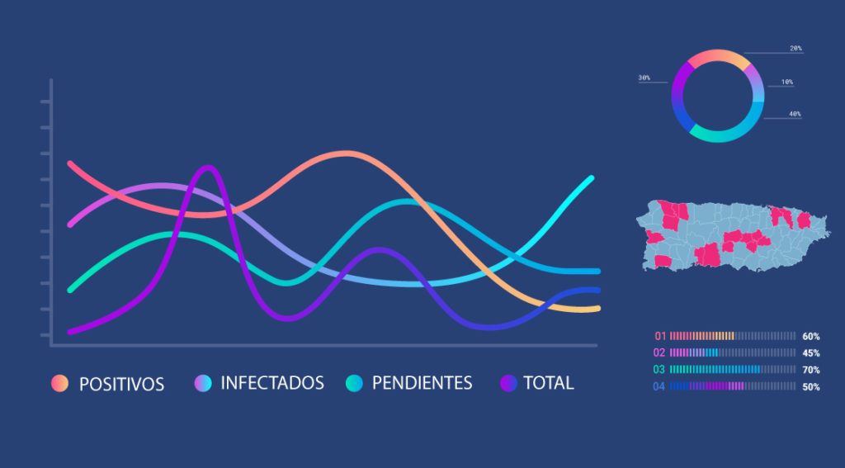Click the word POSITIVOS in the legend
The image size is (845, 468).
click(122, 384)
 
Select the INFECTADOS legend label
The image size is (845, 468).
click(272, 383)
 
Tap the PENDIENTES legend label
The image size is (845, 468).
click(422, 383)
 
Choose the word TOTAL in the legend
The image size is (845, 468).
click(549, 383)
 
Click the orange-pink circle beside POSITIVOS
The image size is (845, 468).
click(59, 383)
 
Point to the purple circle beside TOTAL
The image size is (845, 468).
click(508, 383)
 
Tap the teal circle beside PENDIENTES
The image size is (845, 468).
click(354, 383)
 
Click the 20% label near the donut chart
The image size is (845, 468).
click(795, 49)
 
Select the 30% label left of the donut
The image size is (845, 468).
click(644, 78)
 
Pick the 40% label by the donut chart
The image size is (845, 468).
click(795, 114)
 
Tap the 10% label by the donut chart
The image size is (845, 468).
click(787, 83)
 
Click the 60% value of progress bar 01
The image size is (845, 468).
click(811, 337)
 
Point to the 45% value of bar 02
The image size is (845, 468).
click(811, 353)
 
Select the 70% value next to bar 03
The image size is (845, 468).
click(811, 370)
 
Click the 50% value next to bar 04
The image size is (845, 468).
click(811, 386)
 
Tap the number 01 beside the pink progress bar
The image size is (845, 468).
click(660, 336)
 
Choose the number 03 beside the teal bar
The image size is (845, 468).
click(659, 370)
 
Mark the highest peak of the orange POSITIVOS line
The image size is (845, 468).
click(345, 154)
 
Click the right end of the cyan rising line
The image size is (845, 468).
click(592, 178)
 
